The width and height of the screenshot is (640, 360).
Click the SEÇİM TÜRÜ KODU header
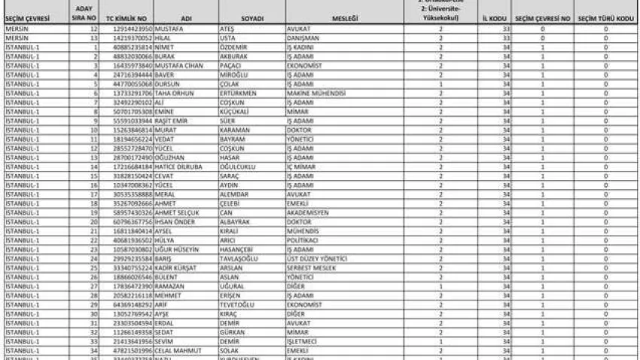605,18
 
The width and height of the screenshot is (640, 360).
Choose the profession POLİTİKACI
303,240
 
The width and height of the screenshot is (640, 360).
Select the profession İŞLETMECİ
303,341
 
